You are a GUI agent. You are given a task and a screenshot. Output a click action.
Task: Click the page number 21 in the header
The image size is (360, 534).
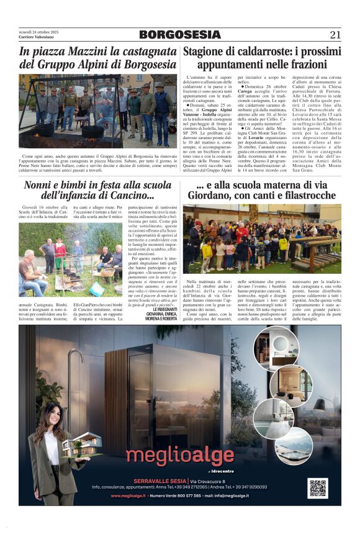tap(335, 35)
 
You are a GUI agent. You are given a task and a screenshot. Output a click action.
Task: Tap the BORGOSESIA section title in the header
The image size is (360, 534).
tap(180, 35)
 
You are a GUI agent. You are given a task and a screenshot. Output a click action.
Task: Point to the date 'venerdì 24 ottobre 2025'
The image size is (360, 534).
tap(38, 32)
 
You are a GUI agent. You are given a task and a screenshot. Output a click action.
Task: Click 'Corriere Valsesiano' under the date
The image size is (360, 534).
tap(35, 37)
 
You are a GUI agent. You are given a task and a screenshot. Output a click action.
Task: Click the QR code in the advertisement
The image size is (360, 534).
tap(317, 488)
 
